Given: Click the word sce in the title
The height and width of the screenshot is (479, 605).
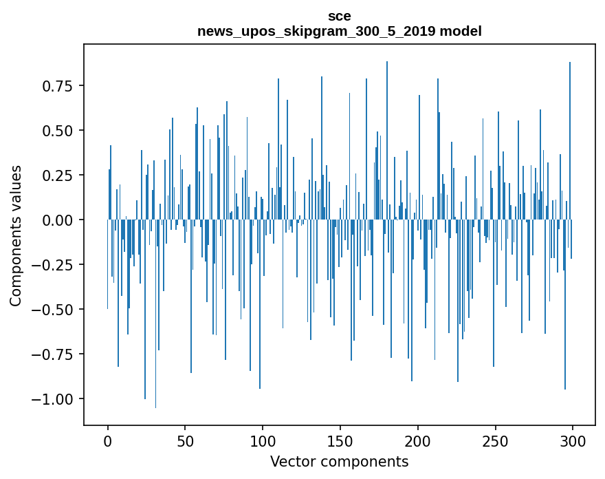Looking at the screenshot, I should pyautogui.click(x=340, y=17).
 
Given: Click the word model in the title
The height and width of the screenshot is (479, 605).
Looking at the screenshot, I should pyautogui.click(x=462, y=32).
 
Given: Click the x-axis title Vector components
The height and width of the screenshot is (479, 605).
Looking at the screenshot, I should pyautogui.click(x=340, y=461).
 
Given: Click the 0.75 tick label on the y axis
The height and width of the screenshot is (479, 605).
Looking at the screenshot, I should pyautogui.click(x=57, y=86).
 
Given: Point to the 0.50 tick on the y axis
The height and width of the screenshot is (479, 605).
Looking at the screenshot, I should pyautogui.click(x=57, y=131).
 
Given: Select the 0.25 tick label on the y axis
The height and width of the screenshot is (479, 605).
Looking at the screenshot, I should pyautogui.click(x=57, y=175).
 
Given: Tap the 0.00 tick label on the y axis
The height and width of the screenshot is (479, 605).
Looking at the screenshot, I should pyautogui.click(x=57, y=220).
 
